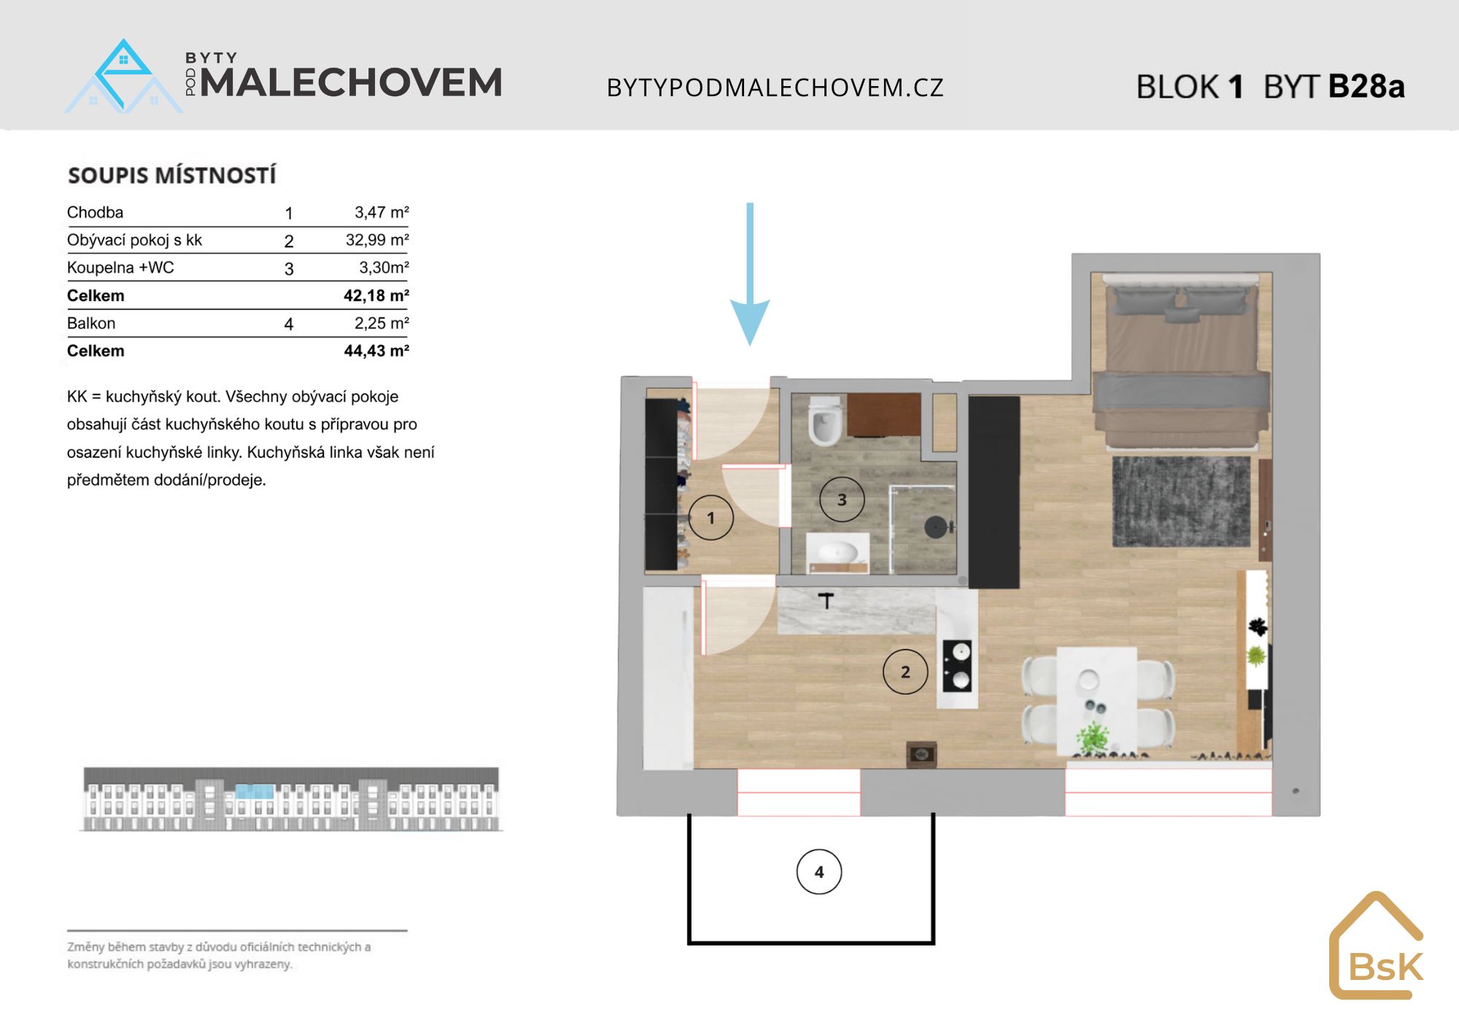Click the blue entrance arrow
[x=750, y=273]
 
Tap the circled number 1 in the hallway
[x=711, y=517]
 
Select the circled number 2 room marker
[x=905, y=672]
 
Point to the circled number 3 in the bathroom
[x=842, y=499]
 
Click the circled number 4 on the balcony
[x=819, y=871]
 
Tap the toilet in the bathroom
[x=825, y=420]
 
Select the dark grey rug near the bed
[x=1181, y=501]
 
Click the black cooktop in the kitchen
[x=957, y=665]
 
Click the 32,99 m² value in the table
[x=377, y=240]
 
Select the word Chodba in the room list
[x=95, y=212]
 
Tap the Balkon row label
[x=91, y=323]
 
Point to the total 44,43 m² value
[x=376, y=351]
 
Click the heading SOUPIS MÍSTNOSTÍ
[x=172, y=176]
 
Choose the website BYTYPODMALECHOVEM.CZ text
[x=775, y=87]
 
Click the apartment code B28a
[x=1366, y=86]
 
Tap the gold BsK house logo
[x=1377, y=945]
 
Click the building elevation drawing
[x=292, y=799]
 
